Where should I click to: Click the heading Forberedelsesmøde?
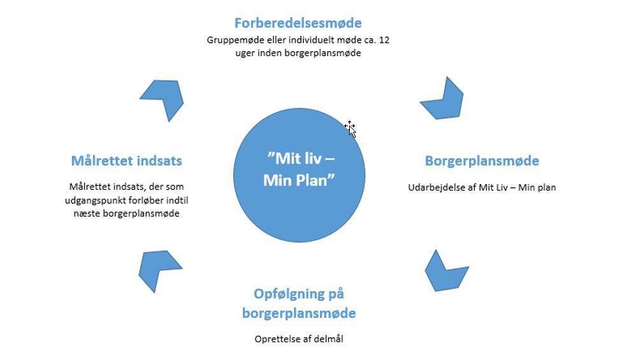(x=298, y=23)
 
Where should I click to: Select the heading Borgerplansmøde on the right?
(x=482, y=161)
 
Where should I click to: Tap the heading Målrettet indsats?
(x=126, y=161)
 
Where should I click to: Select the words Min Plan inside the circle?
(x=299, y=180)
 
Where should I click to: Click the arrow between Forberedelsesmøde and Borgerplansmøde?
(x=444, y=100)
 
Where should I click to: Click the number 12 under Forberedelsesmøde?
(x=384, y=40)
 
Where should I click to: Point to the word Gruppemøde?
(x=231, y=40)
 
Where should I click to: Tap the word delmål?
(x=329, y=339)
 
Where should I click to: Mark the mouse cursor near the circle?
(x=350, y=128)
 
